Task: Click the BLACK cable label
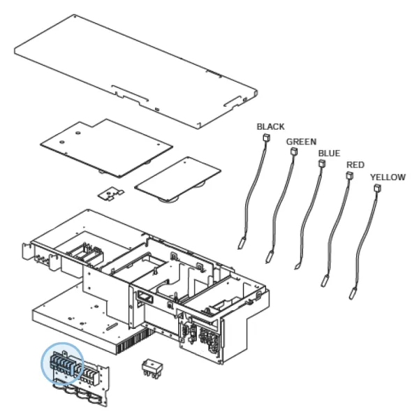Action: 270,126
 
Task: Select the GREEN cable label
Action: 301,142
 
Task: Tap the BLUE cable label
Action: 329,154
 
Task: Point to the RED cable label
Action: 355,165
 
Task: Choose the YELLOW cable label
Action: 388,177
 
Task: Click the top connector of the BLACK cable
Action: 267,138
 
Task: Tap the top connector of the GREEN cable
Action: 294,152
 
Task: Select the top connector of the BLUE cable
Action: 322,163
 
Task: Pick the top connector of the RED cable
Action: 350,175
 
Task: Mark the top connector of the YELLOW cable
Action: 377,188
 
